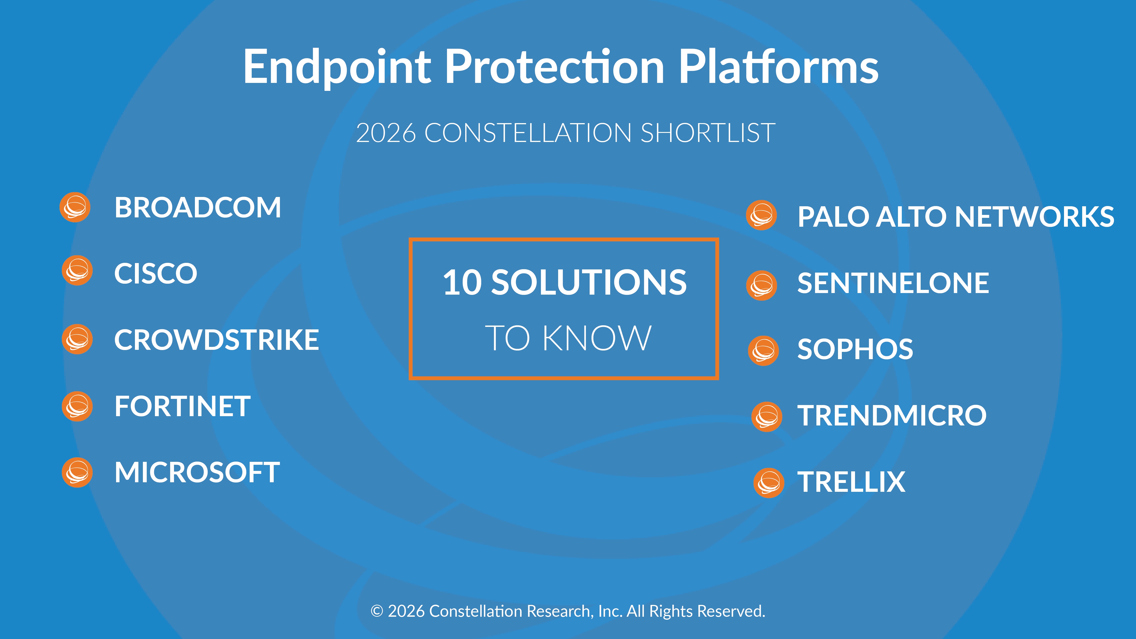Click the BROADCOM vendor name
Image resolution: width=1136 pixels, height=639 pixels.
click(198, 208)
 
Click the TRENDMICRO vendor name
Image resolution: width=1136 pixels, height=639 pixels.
click(892, 415)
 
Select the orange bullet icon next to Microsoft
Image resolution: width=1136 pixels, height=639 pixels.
click(77, 472)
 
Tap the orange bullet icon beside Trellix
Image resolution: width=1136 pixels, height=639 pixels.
click(769, 483)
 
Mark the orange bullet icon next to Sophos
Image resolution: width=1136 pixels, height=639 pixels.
click(763, 351)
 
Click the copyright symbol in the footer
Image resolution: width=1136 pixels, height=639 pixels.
click(377, 611)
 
